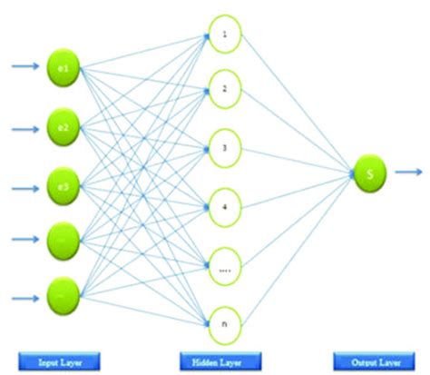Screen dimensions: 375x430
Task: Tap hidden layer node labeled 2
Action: tap(226, 91)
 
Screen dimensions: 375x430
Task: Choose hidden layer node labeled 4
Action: tap(226, 205)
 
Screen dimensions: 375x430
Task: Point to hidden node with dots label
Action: tap(226, 264)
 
